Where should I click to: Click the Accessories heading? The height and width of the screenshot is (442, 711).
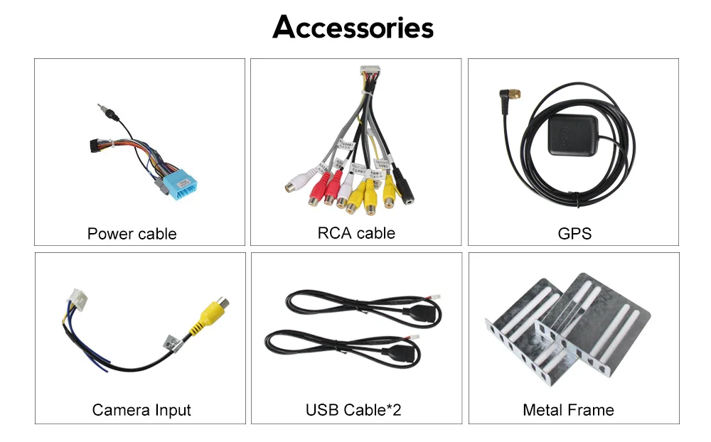[x=353, y=28]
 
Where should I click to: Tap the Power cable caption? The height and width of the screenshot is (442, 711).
[x=132, y=233]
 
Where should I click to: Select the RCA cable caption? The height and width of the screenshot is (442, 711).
[x=355, y=232]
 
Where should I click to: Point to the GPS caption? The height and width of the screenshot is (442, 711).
[x=574, y=233]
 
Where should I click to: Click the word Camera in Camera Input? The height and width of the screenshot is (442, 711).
[x=121, y=410]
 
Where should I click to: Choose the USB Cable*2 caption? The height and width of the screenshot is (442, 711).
[x=353, y=410]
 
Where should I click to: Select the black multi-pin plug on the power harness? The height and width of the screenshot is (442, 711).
[x=92, y=146]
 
